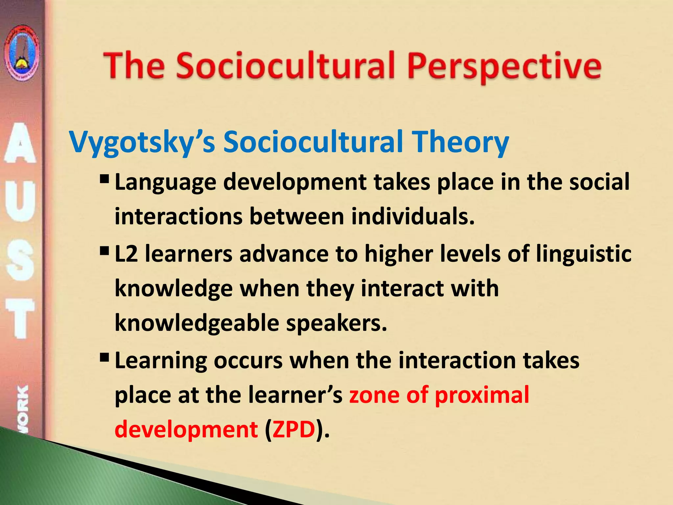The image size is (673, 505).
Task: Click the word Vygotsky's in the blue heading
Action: pyautogui.click(x=142, y=142)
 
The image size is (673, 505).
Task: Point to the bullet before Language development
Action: pyautogui.click(x=104, y=180)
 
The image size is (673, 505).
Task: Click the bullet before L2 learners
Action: pyautogui.click(x=104, y=252)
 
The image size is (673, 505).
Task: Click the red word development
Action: pyautogui.click(x=186, y=429)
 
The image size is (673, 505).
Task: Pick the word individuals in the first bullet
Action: pyautogui.click(x=413, y=217)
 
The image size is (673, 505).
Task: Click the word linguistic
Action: pyautogui.click(x=584, y=254)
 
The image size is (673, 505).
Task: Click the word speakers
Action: pyautogui.click(x=336, y=323)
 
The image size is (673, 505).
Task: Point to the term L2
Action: pyautogui.click(x=127, y=254)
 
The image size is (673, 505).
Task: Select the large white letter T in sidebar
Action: pyautogui.click(x=20, y=318)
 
